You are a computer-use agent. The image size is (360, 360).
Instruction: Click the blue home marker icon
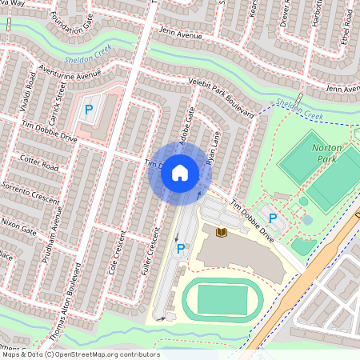click(180, 172)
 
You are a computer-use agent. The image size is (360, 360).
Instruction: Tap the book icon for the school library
click(222, 232)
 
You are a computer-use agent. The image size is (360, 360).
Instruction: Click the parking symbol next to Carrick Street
click(89, 109)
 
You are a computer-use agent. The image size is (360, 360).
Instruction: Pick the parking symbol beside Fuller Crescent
click(181, 250)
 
